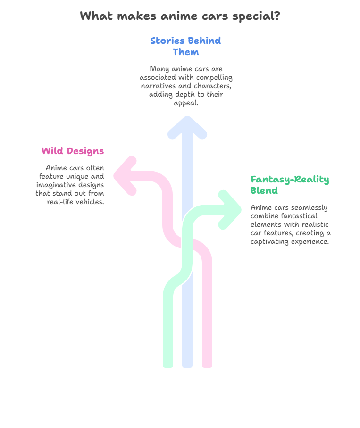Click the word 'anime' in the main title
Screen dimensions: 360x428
(x=179, y=16)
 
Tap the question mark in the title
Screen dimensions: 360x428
(x=277, y=16)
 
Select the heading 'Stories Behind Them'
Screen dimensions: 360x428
(x=185, y=46)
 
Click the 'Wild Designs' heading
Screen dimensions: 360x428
(x=73, y=151)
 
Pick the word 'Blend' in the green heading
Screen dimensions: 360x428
(x=264, y=190)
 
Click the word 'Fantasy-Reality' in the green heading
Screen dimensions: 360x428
(x=290, y=180)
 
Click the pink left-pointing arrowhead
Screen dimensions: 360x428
(x=125, y=176)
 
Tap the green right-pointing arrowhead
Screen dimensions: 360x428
(x=230, y=210)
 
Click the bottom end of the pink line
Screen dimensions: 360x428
(x=207, y=365)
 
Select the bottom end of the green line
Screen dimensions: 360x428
(x=168, y=365)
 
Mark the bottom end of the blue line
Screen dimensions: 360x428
(x=187, y=365)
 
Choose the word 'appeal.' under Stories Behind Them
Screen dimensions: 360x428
(x=186, y=103)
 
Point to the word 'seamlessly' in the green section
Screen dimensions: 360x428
(x=309, y=208)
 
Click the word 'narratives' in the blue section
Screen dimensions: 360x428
(x=159, y=86)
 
